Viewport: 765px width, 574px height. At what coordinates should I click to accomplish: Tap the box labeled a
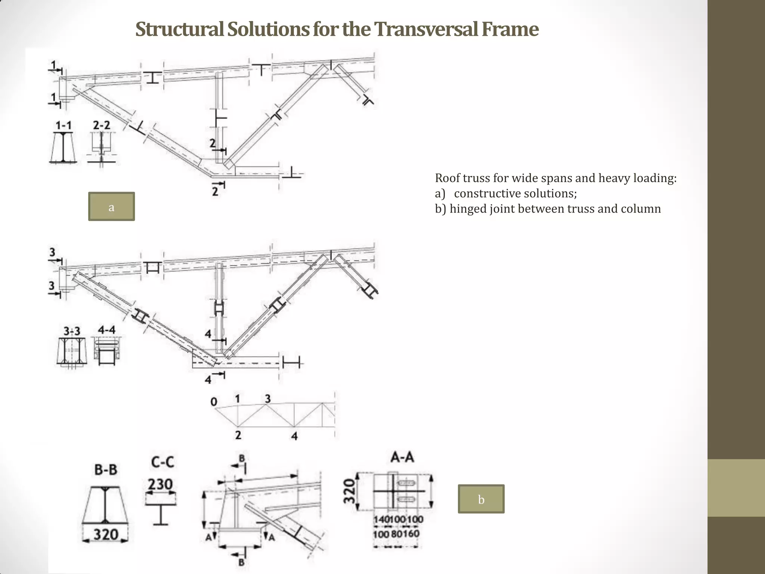[x=111, y=207]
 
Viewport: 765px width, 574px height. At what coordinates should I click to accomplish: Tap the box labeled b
[x=481, y=499]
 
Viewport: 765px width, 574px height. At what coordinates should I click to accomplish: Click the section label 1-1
[x=64, y=125]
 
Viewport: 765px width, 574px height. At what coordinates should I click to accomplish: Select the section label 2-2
[x=102, y=125]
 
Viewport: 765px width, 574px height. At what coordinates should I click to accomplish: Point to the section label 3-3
[x=72, y=331]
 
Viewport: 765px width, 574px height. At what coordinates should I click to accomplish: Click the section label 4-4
[x=106, y=330]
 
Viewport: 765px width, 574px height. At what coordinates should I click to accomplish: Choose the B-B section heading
[x=106, y=470]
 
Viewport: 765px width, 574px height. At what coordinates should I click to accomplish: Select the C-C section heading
[x=162, y=462]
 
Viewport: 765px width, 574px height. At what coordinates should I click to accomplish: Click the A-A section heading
[x=402, y=457]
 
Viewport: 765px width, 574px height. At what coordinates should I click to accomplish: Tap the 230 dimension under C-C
[x=160, y=484]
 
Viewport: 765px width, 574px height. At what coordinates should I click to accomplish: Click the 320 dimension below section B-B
[x=106, y=534]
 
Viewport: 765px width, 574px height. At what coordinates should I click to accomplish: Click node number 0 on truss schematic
[x=214, y=402]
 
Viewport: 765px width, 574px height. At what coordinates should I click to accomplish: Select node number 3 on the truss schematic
[x=267, y=399]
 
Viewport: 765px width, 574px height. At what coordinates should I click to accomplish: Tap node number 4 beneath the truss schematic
[x=294, y=436]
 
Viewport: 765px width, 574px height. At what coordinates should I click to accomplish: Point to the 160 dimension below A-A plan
[x=411, y=534]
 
